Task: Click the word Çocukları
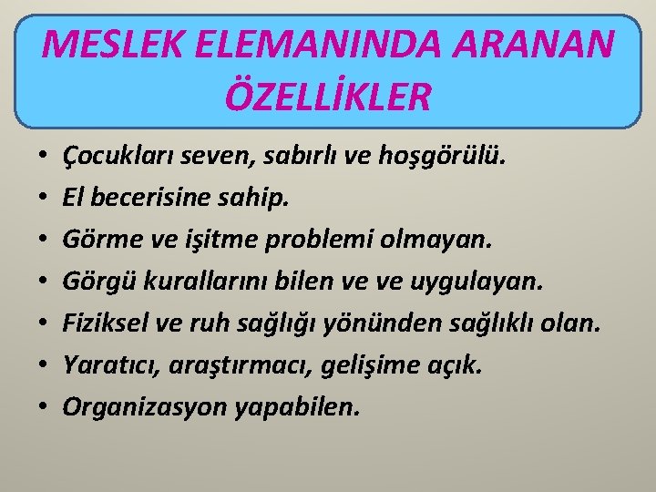[111, 158]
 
